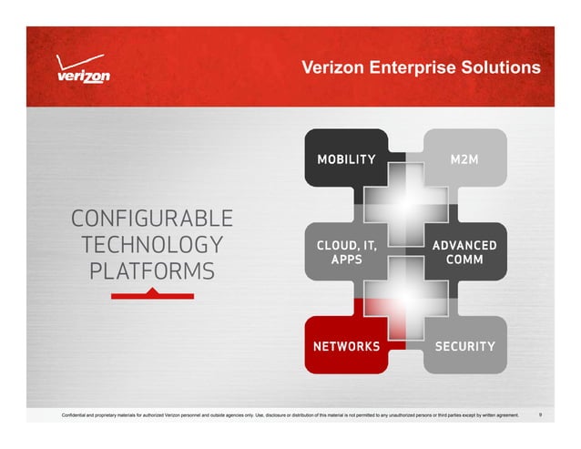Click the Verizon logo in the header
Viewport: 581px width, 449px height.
(83, 72)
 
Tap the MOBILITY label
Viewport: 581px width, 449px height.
(346, 160)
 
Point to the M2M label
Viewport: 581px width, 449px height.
(464, 160)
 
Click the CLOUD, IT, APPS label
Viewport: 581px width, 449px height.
(346, 253)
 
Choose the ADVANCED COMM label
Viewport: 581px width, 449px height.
(464, 253)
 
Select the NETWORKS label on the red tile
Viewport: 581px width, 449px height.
(346, 347)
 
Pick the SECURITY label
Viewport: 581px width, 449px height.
(464, 347)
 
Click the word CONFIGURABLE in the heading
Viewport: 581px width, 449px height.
(152, 219)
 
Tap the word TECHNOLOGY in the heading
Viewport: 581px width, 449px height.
(152, 245)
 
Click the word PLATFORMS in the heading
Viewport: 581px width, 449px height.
(152, 271)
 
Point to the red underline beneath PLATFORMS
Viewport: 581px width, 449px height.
(152, 295)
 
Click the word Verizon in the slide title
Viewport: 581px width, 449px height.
(331, 68)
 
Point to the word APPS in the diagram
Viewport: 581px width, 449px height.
(346, 260)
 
